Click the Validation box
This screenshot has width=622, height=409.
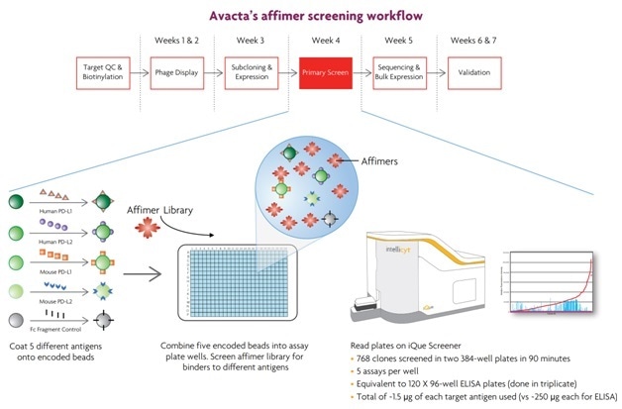pos(474,71)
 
